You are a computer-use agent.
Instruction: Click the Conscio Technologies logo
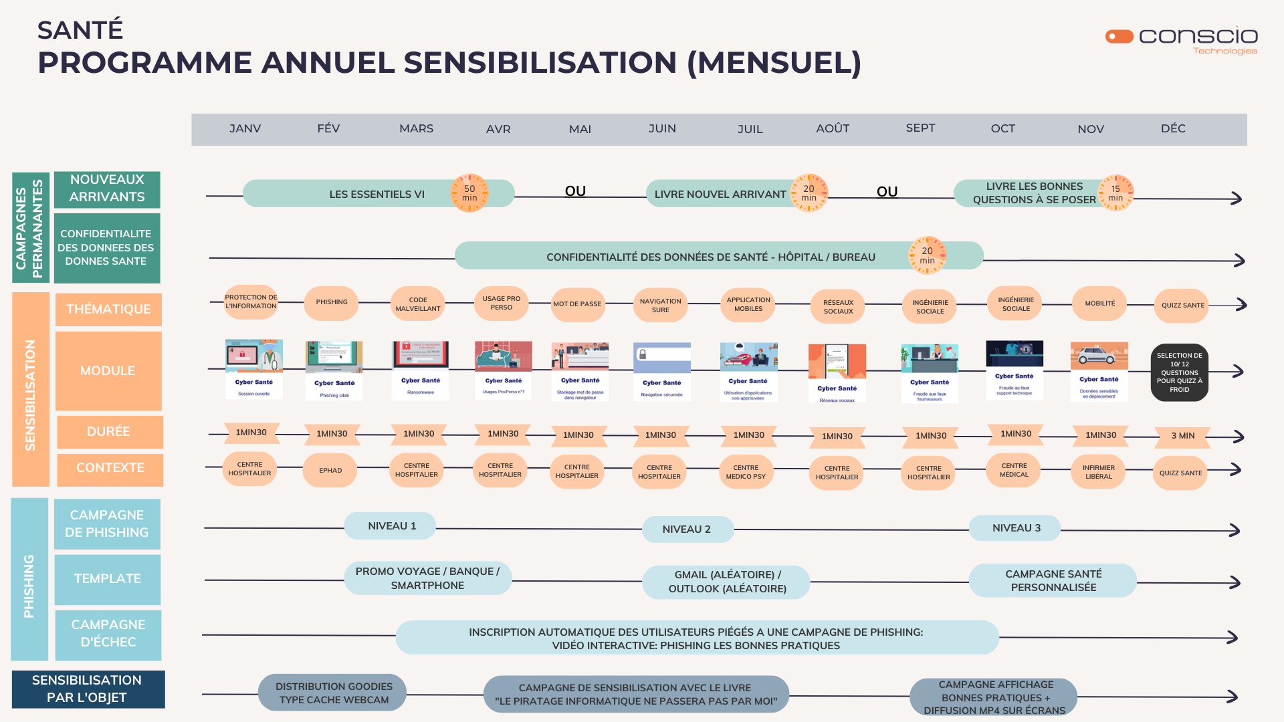tap(1182, 39)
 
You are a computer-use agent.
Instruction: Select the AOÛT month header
tap(833, 128)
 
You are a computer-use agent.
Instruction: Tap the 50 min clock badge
tap(469, 193)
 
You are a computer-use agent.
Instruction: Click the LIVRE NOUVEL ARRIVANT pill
tap(720, 194)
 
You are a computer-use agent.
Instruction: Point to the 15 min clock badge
tap(1115, 193)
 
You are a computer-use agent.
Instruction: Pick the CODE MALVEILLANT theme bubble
tap(418, 304)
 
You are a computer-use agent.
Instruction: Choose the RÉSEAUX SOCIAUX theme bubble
tap(838, 307)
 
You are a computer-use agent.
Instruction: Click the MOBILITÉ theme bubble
tap(1100, 304)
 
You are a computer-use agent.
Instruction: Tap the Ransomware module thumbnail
tap(421, 370)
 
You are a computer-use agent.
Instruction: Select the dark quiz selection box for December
tap(1180, 372)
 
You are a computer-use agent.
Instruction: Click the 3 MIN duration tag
tap(1182, 436)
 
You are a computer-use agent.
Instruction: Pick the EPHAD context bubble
tap(330, 471)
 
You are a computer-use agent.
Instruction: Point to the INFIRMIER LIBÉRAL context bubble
tap(1099, 472)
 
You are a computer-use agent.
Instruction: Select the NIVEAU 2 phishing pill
tap(687, 529)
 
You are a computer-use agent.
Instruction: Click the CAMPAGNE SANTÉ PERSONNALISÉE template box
tap(1053, 580)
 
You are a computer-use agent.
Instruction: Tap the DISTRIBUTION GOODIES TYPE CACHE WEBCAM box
tap(334, 693)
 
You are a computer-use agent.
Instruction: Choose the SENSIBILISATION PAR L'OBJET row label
tap(88, 689)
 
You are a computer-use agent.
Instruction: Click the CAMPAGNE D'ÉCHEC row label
tap(108, 634)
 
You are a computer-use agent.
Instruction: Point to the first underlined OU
tap(575, 191)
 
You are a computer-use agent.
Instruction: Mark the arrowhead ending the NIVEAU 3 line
tap(1235, 530)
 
